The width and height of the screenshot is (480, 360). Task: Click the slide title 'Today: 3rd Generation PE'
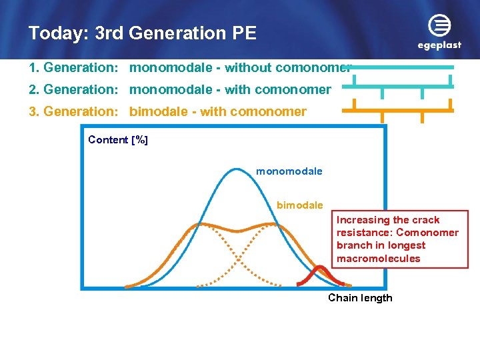(x=142, y=33)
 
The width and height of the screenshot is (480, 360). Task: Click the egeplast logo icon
(x=439, y=27)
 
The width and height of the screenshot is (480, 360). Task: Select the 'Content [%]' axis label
(x=118, y=139)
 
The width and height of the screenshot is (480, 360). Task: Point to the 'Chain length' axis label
(x=360, y=297)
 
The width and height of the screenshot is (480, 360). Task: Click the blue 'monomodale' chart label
(x=289, y=171)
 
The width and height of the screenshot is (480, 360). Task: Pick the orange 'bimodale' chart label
(x=299, y=205)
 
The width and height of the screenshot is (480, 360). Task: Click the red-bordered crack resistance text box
(x=402, y=239)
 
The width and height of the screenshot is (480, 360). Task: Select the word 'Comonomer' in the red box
(x=427, y=233)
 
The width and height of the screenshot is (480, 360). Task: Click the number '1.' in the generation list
(x=34, y=67)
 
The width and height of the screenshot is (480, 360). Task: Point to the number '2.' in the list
(x=34, y=89)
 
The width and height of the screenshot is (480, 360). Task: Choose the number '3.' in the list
(x=34, y=111)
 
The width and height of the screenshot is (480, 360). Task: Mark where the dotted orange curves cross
(x=236, y=252)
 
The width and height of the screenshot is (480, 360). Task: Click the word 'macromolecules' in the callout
(x=378, y=258)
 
